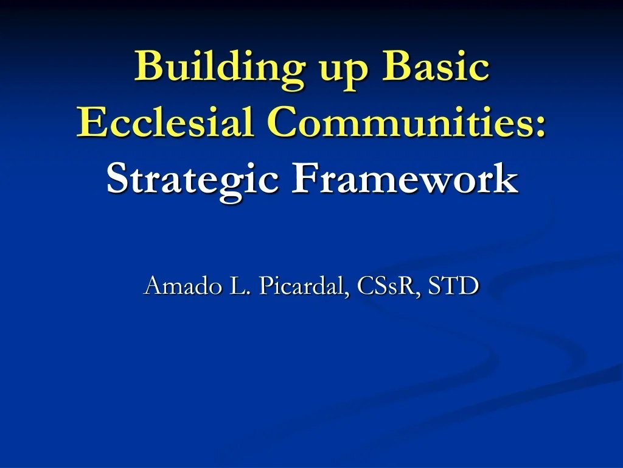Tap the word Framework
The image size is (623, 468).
coord(404,180)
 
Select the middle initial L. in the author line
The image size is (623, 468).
coord(238,285)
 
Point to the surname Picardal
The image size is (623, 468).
coord(301,285)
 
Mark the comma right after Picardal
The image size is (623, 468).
coord(347,292)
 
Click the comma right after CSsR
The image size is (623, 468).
coord(418,292)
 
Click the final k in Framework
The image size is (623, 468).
coord(507,180)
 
